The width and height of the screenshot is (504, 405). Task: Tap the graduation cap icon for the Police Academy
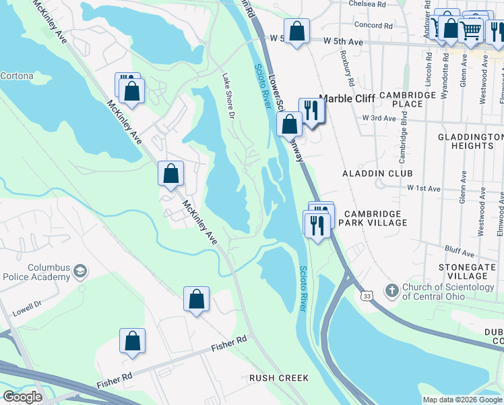[x=81, y=271]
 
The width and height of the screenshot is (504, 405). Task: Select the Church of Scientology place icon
[x=392, y=291]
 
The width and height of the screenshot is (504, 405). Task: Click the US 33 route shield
[x=367, y=296]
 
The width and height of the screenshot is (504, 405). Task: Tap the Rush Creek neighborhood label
[x=278, y=378]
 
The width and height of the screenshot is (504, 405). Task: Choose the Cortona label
[x=16, y=76]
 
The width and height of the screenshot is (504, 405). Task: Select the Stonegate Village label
[x=467, y=271]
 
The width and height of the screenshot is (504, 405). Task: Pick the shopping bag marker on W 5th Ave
[x=296, y=31]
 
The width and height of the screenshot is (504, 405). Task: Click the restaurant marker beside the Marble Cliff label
[x=311, y=109]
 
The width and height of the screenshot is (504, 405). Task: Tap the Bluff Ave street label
[x=460, y=251]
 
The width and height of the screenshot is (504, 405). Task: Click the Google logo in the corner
[x=23, y=397]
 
